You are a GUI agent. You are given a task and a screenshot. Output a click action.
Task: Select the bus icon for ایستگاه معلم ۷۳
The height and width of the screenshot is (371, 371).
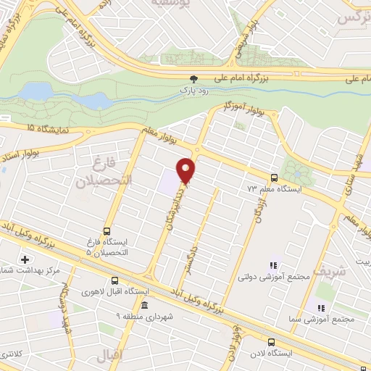click(274, 178)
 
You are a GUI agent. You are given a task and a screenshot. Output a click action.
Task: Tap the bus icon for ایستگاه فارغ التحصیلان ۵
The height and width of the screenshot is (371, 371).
click(107, 232)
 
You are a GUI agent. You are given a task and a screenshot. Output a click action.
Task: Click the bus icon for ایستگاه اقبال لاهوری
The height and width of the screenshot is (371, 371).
click(114, 281)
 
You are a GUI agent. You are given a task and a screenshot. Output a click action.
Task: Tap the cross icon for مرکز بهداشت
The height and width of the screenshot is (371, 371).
click(26, 259)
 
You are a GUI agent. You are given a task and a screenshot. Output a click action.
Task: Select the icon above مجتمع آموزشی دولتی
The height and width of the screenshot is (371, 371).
click(273, 266)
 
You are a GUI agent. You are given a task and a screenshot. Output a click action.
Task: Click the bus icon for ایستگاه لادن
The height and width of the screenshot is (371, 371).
click(270, 342)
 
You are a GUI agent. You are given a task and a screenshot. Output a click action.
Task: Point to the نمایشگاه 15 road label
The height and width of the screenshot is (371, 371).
click(36, 128)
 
